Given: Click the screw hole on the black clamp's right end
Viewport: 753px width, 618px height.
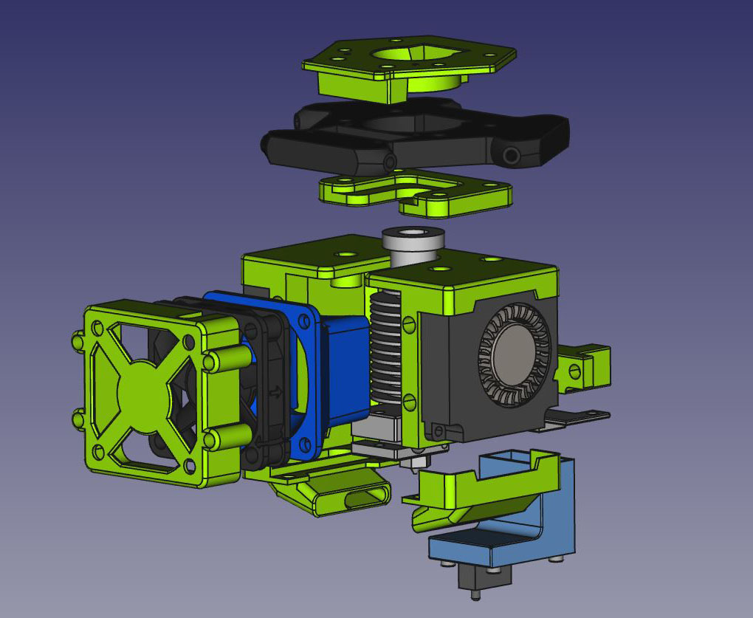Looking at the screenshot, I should pos(510,156).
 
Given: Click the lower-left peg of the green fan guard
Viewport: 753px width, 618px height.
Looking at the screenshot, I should pos(79,419).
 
